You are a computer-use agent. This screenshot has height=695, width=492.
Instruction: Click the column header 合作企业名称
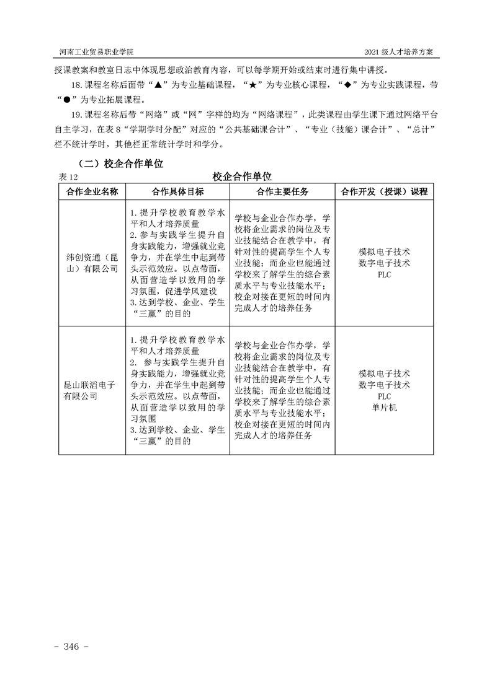(x=92, y=191)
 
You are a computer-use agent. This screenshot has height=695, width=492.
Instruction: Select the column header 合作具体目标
(x=177, y=191)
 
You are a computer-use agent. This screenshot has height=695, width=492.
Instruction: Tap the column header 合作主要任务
(x=282, y=191)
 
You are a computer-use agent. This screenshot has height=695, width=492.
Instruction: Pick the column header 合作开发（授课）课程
(x=384, y=191)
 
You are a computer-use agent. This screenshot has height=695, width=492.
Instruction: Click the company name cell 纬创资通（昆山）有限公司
(x=92, y=263)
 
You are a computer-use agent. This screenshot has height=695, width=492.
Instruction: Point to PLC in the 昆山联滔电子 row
(x=384, y=396)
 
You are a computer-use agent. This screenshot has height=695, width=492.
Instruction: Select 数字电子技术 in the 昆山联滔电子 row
(x=384, y=385)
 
